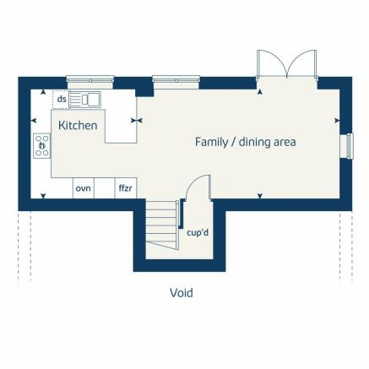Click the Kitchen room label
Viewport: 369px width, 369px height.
(78, 125)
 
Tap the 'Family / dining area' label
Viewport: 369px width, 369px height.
(245, 142)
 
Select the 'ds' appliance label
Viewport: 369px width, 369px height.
(62, 100)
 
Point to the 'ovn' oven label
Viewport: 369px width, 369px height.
(83, 187)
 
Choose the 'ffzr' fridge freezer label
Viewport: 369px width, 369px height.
(126, 187)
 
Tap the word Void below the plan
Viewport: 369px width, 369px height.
(181, 293)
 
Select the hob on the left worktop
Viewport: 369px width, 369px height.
(41, 144)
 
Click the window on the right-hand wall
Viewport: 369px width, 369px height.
(345, 145)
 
